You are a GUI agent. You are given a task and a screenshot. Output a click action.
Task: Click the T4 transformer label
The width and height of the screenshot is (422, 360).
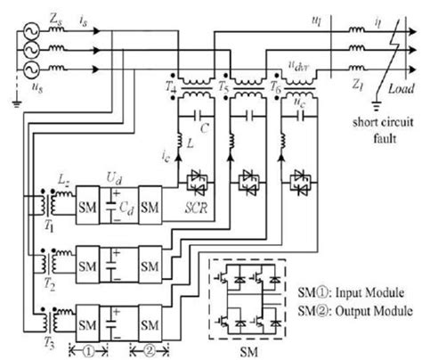point(171,86)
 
